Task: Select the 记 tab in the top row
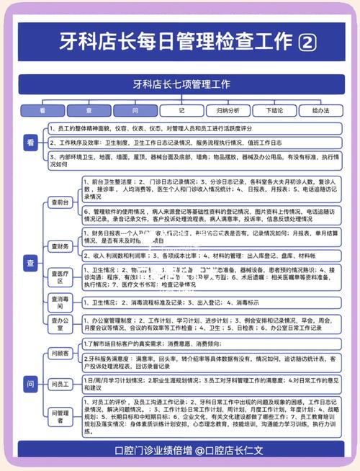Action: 181,111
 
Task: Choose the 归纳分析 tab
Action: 228,111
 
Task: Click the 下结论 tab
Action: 274,111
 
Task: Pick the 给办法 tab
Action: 320,111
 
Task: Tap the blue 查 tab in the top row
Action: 89,111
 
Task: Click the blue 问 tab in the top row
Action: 135,111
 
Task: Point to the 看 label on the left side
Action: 30,144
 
